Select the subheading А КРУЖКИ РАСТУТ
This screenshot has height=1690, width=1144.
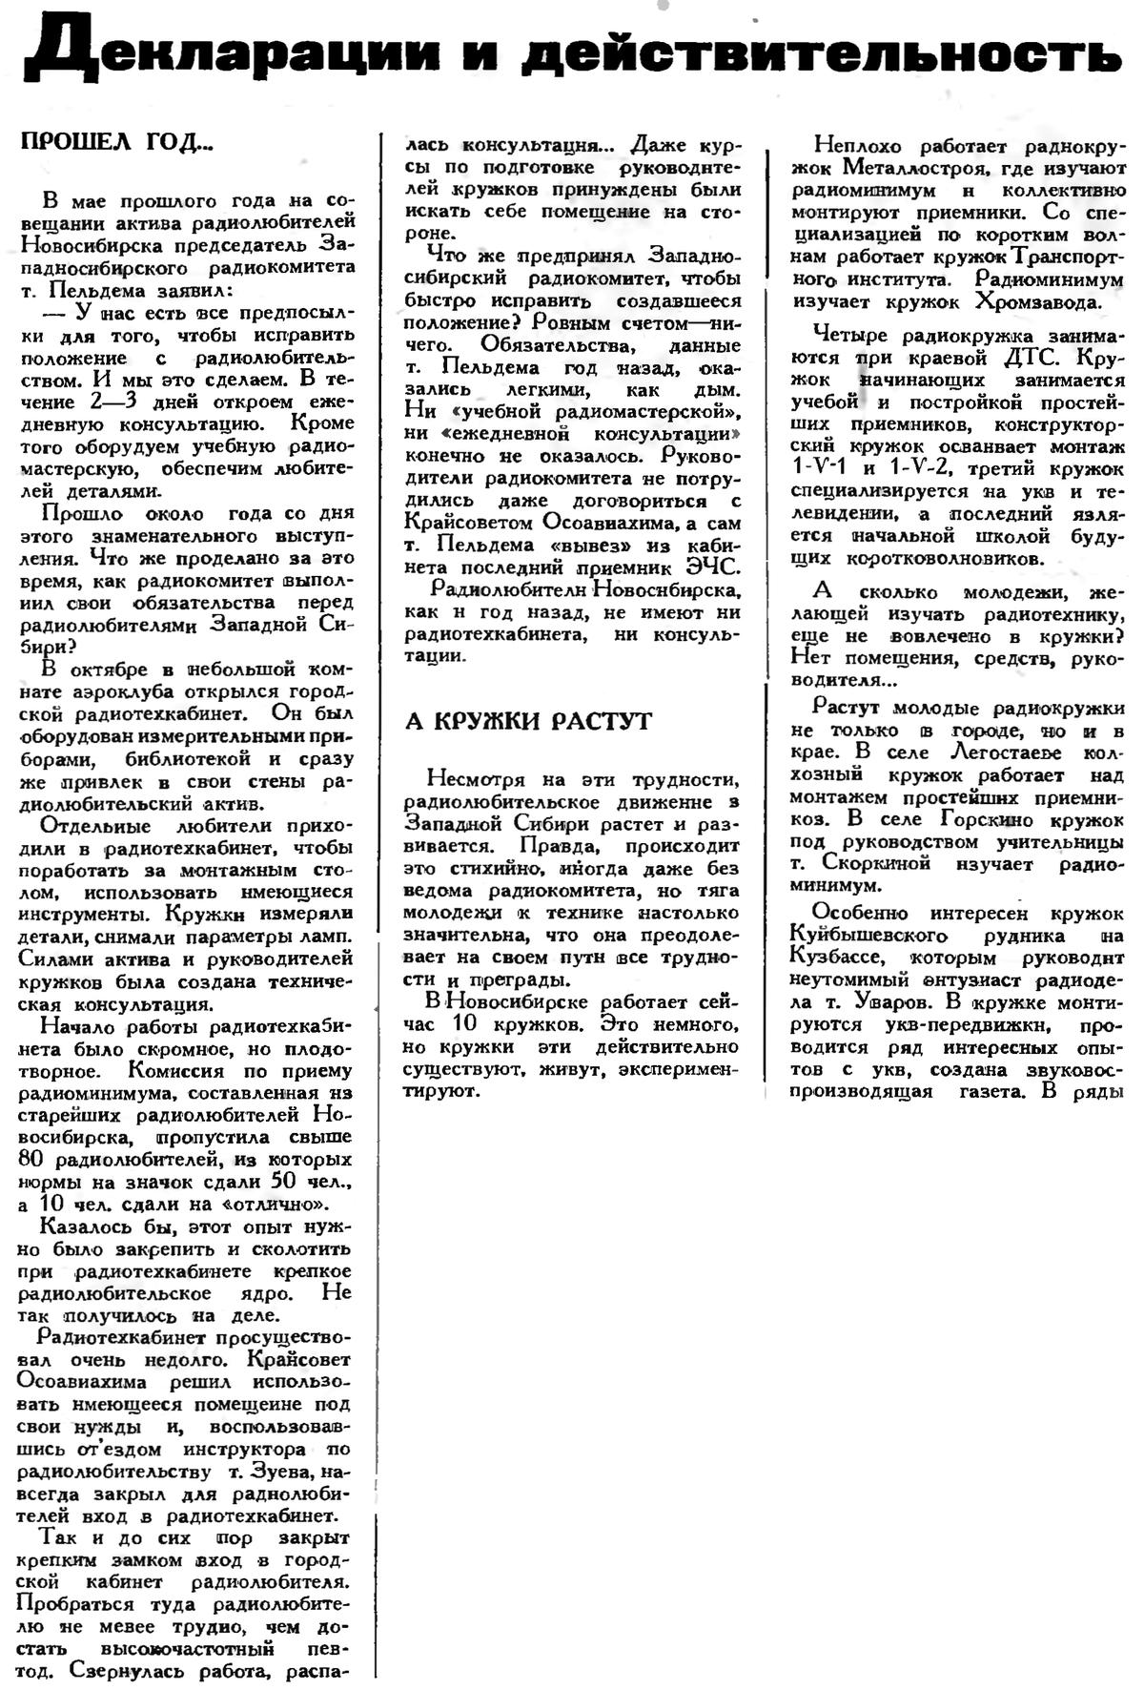coord(529,721)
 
